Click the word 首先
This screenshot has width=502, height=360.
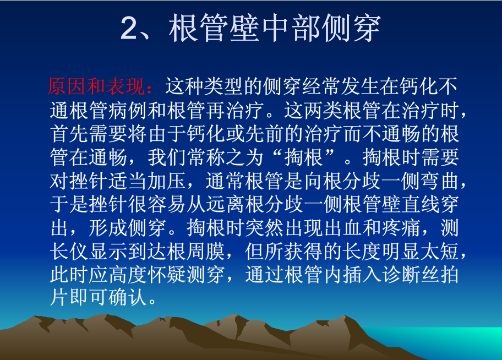(x=69, y=134)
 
